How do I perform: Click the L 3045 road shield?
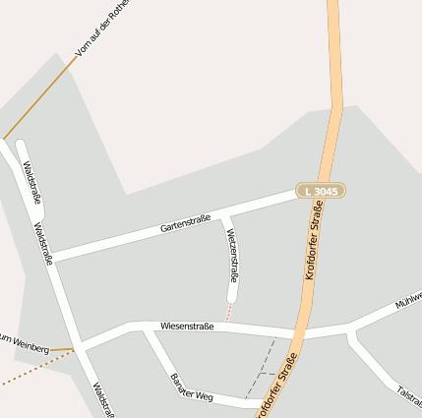[x=321, y=190]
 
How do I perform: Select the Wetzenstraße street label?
[x=233, y=254]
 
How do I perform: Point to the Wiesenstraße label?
[x=187, y=324]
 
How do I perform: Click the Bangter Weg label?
[x=191, y=387]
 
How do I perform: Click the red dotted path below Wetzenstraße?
[x=229, y=312]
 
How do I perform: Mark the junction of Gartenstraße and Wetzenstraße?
[x=224, y=213]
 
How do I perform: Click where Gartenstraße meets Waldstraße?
[x=51, y=259]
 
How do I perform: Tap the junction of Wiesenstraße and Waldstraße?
[x=80, y=346]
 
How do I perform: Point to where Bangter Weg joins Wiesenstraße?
[x=144, y=328]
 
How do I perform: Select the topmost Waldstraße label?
[x=31, y=183]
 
